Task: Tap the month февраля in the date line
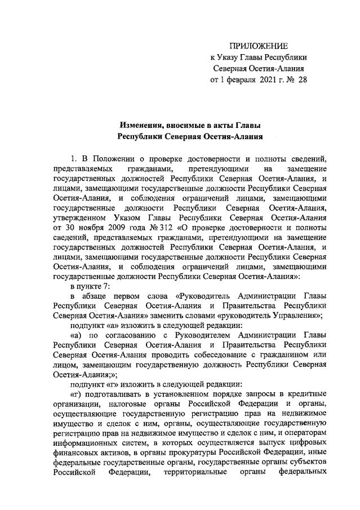click(x=241, y=81)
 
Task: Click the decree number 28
click(x=303, y=81)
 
